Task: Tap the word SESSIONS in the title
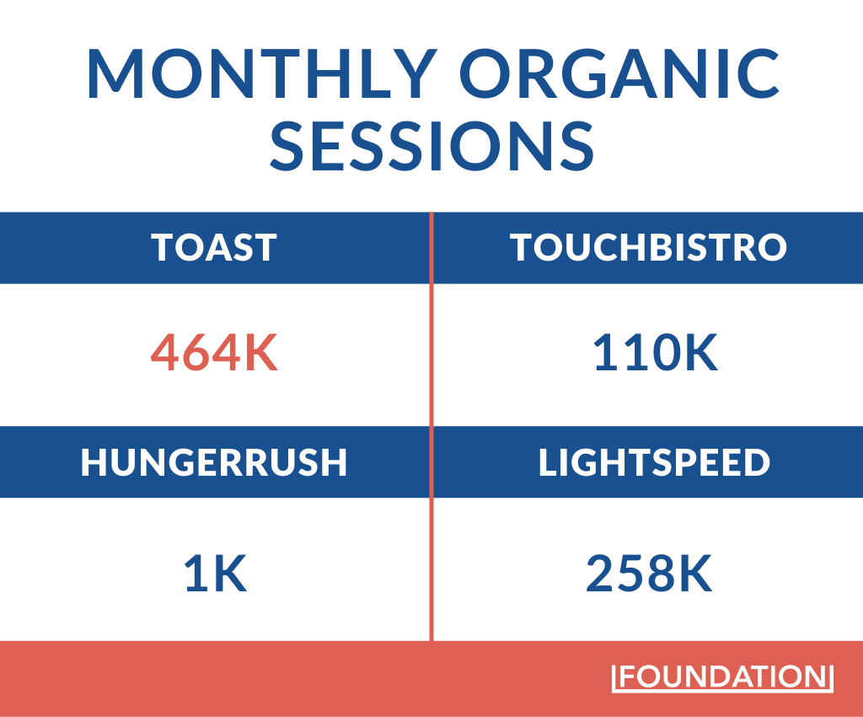point(431,145)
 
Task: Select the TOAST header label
point(214,248)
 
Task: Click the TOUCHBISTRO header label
point(648,248)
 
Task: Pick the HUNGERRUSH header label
point(214,463)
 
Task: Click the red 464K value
point(214,353)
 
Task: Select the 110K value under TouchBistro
point(654,353)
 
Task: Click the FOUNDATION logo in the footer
point(722,677)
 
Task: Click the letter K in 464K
point(259,353)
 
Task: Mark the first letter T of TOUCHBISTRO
point(523,248)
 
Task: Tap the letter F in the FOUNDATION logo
point(628,677)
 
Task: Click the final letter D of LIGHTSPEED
point(756,463)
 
